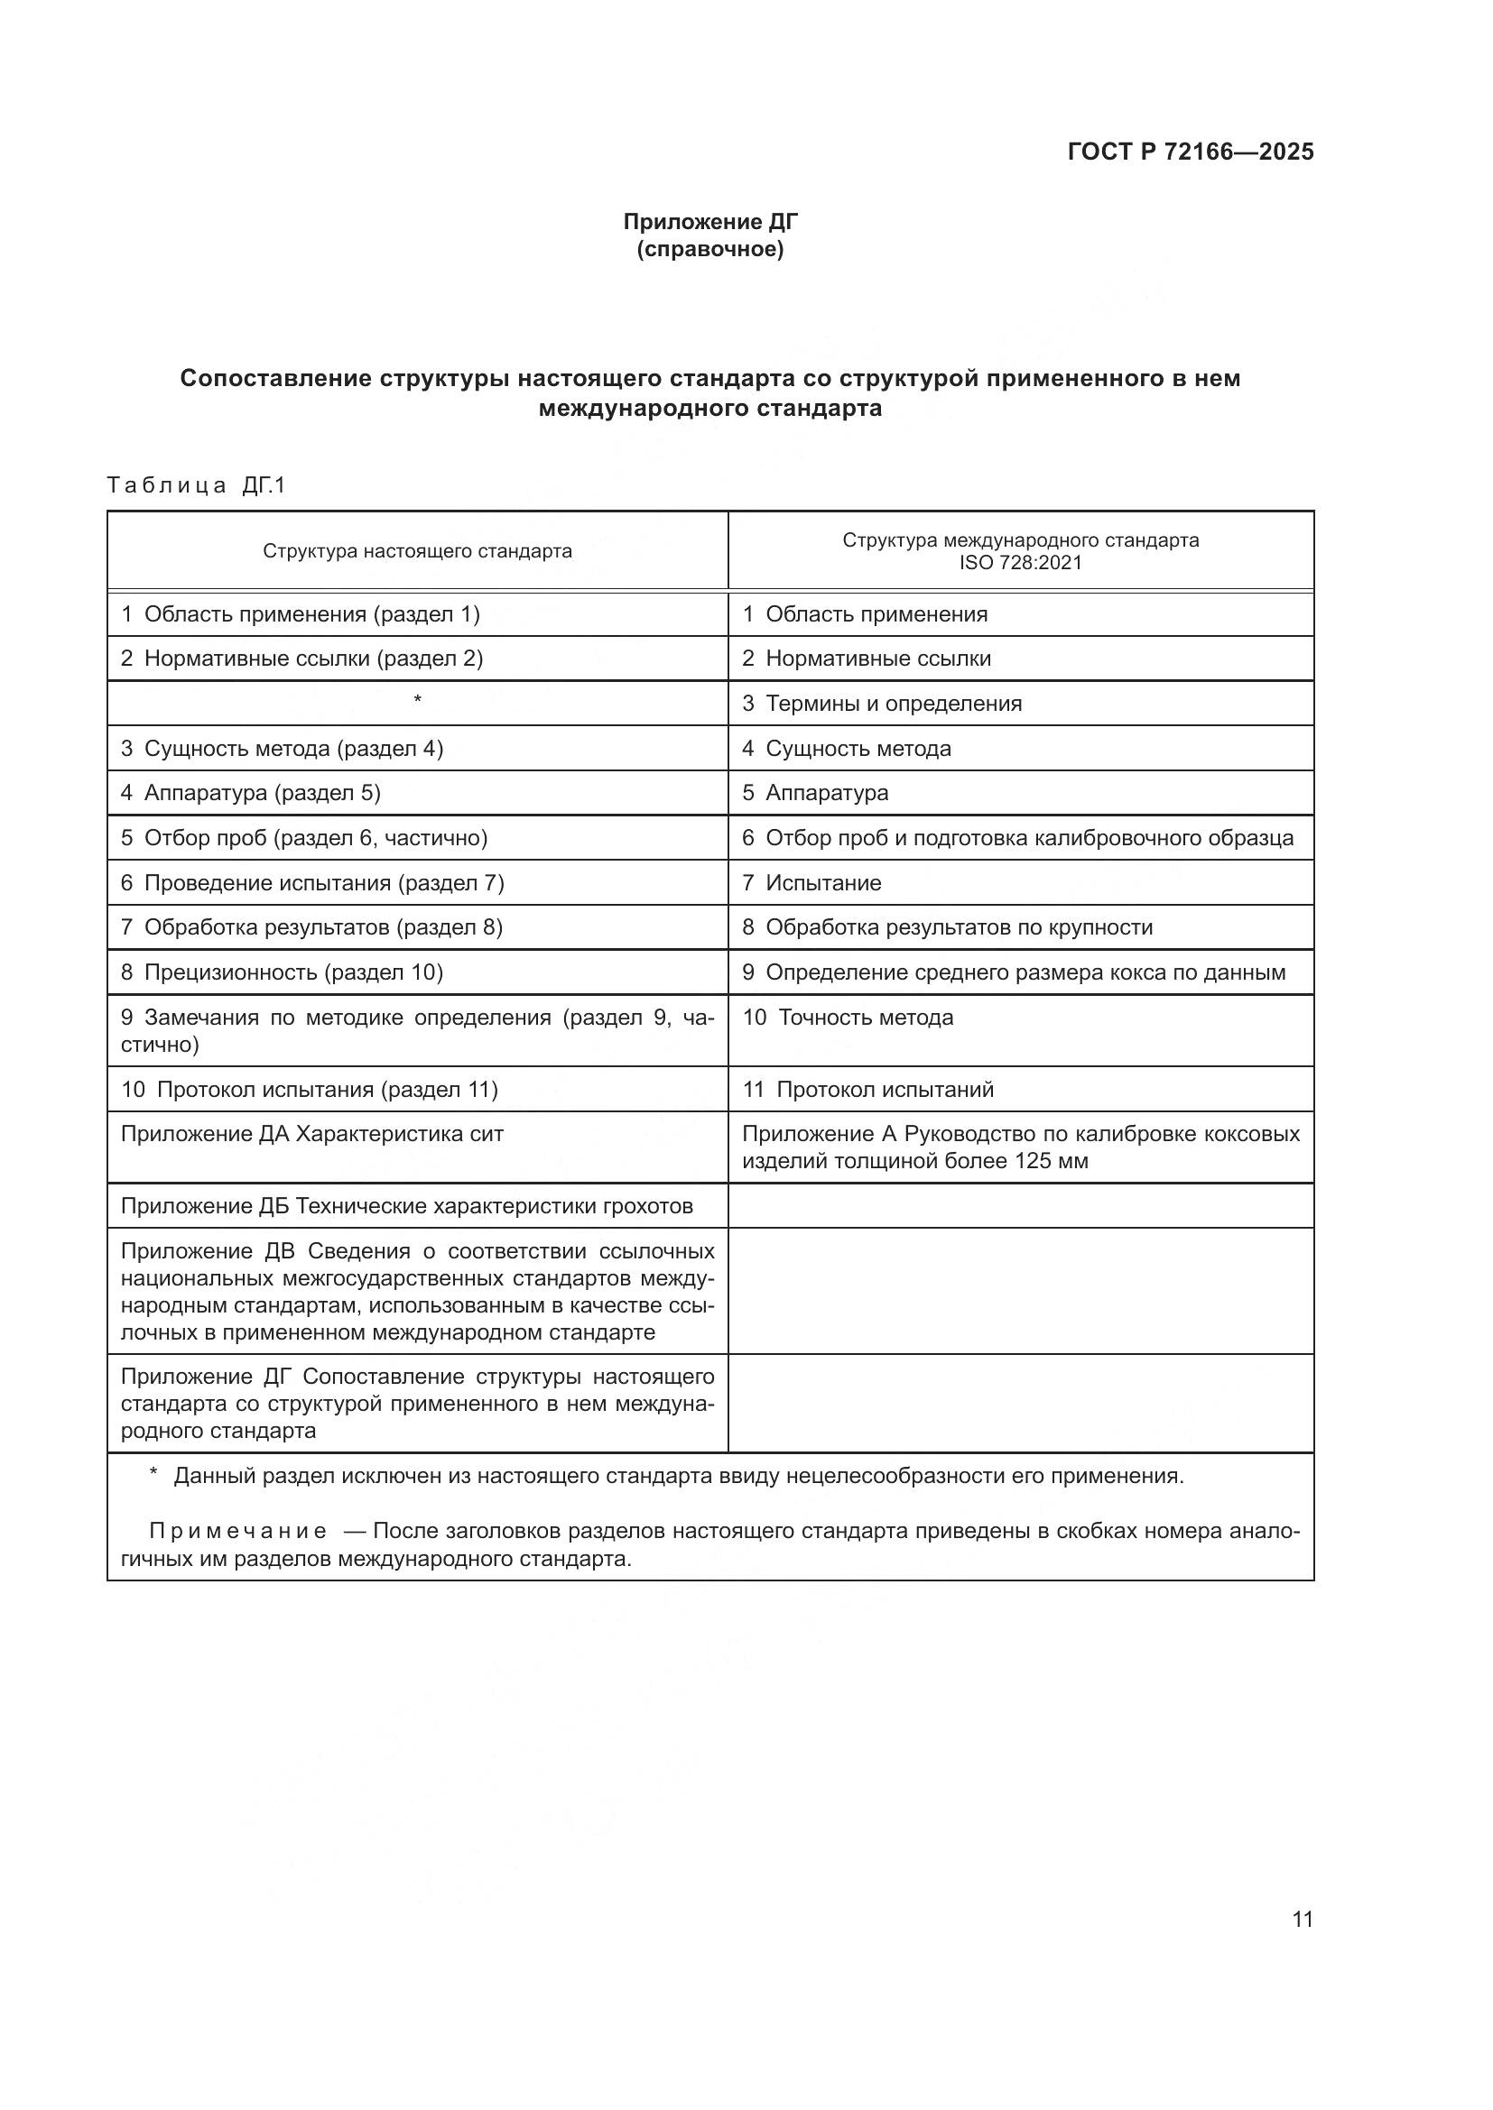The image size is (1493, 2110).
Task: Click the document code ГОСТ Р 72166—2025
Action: pos(1191,152)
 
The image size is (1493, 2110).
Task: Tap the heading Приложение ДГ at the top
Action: pos(710,222)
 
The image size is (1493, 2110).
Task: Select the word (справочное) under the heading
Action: pos(710,249)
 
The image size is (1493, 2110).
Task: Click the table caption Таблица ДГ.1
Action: pos(197,485)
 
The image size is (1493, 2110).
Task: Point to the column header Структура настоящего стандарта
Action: pos(417,551)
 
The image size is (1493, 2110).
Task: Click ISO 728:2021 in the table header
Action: pos(1021,562)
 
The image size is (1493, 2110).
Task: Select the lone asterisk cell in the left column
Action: pos(417,701)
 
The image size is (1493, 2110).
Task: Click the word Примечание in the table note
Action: pos(238,1532)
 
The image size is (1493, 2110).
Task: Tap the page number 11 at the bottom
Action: pos(1303,1920)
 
